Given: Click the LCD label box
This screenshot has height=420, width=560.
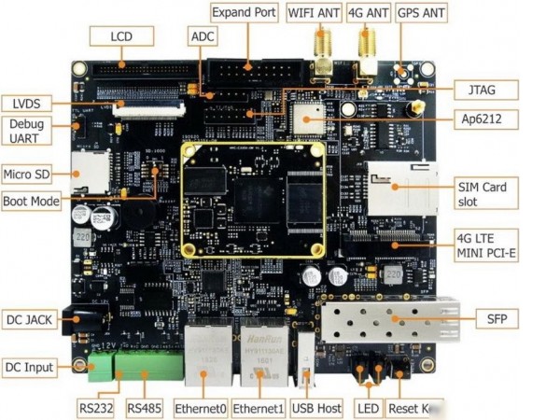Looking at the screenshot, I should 120,36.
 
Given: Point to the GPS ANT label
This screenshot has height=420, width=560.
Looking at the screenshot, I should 421,14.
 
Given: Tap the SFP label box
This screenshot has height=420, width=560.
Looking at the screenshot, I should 496,319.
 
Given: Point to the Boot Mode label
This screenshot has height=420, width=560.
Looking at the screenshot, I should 31,201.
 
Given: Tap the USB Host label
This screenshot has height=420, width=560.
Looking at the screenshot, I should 316,408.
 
